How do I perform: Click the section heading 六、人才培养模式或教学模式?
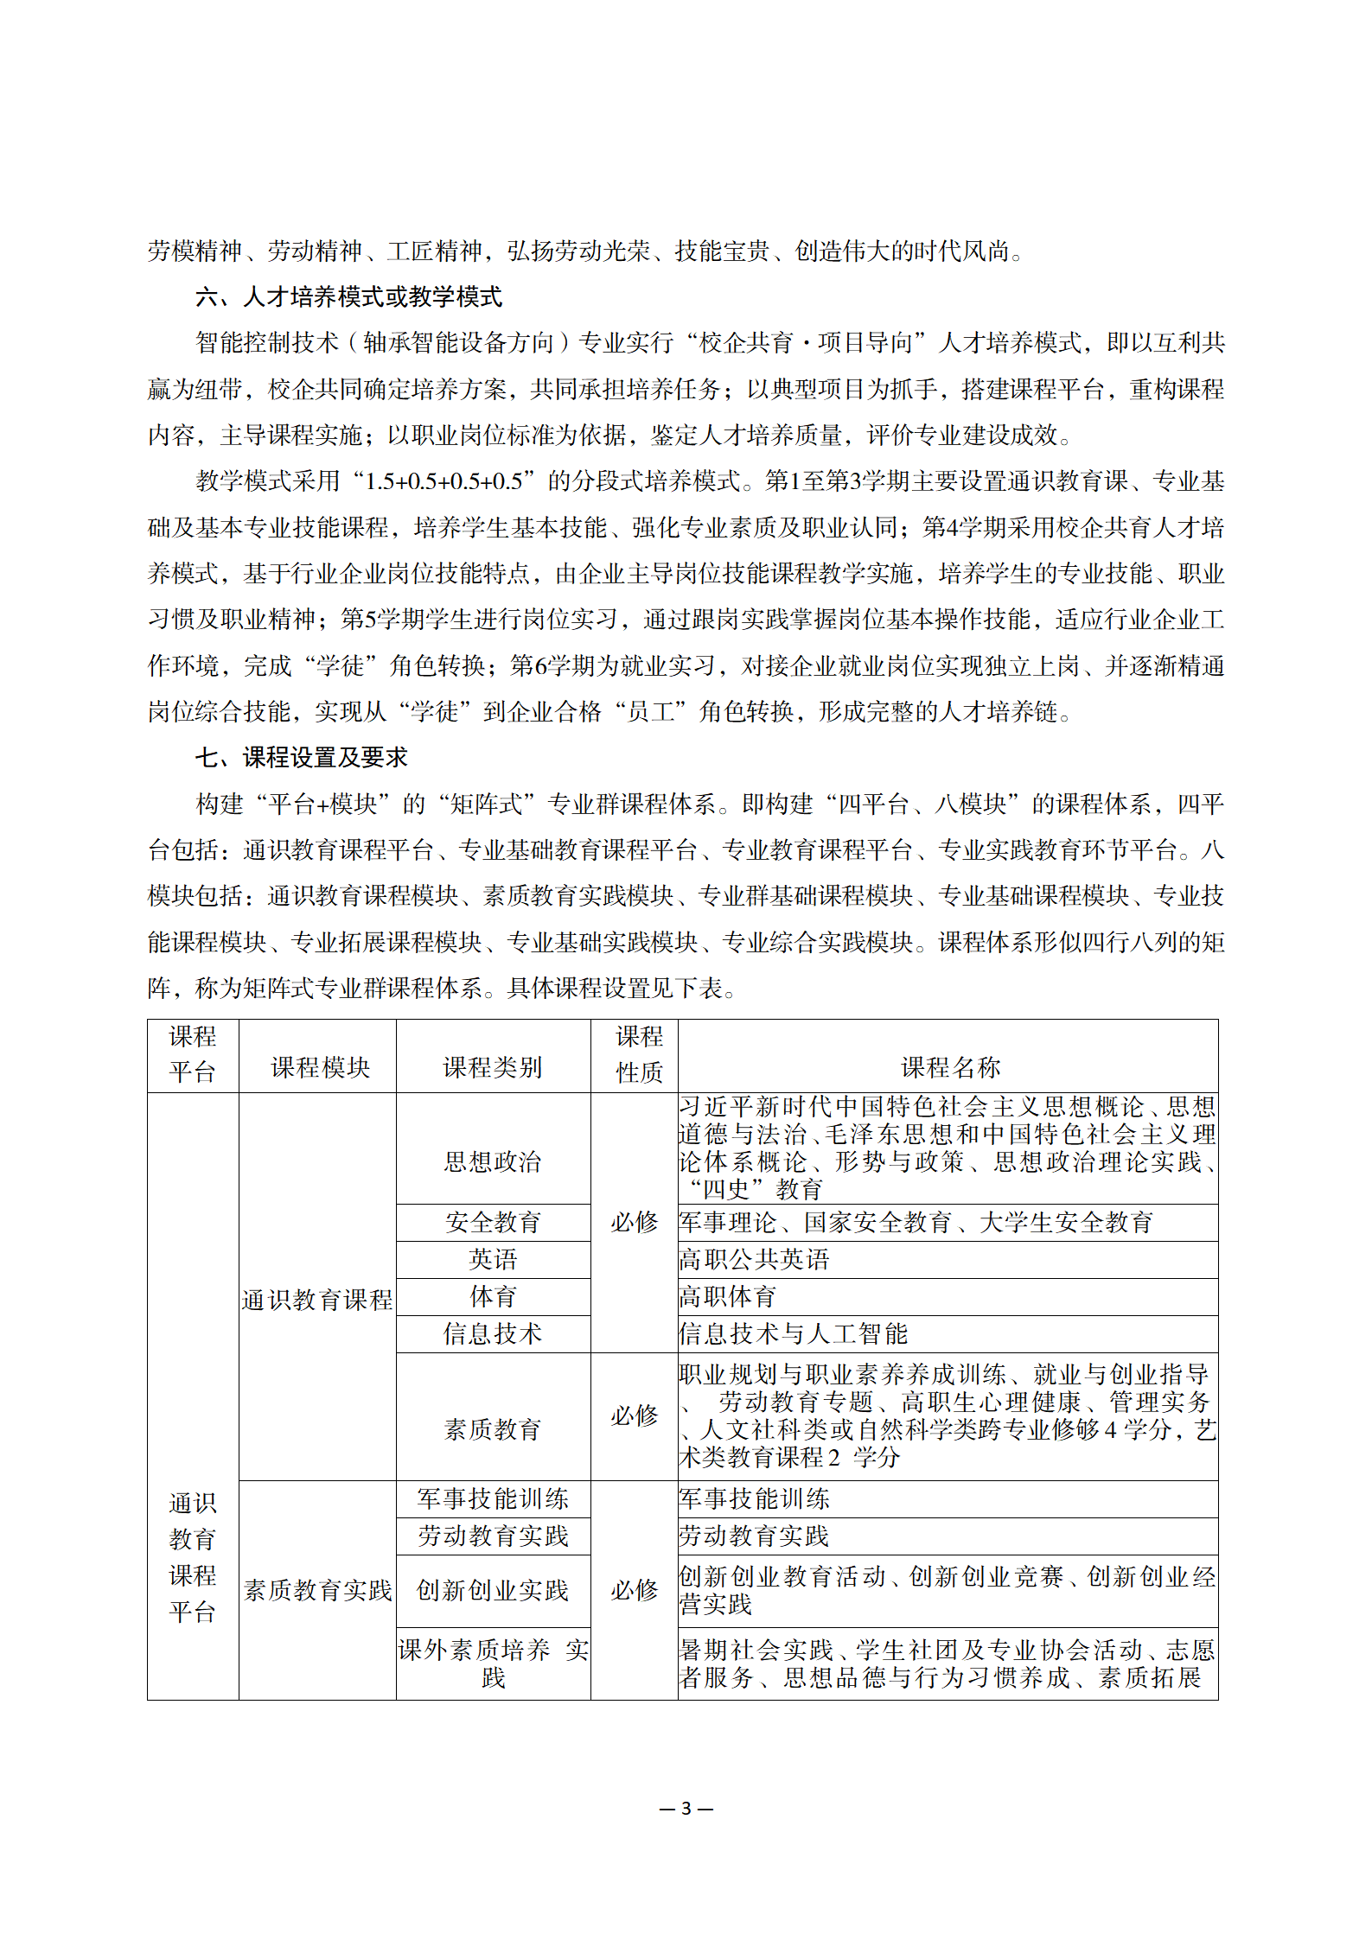pyautogui.click(x=348, y=297)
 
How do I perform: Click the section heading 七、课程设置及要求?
pyautogui.click(x=301, y=758)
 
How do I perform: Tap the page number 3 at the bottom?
pyautogui.click(x=686, y=1808)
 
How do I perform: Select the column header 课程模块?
pyautogui.click(x=320, y=1067)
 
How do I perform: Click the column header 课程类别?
pyautogui.click(x=493, y=1067)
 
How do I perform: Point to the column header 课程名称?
pyautogui.click(x=950, y=1067)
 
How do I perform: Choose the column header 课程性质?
pyautogui.click(x=639, y=1054)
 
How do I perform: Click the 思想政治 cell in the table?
pyautogui.click(x=493, y=1161)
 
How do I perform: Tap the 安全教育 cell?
pyautogui.click(x=493, y=1222)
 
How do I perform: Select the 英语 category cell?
pyautogui.click(x=493, y=1259)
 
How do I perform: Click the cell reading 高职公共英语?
pyautogui.click(x=754, y=1259)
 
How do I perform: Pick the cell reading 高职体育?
pyautogui.click(x=728, y=1296)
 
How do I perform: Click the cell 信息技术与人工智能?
pyautogui.click(x=793, y=1333)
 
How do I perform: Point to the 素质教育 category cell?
pyautogui.click(x=493, y=1429)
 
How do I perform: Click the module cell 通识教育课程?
pyautogui.click(x=317, y=1300)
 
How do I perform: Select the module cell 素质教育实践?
pyautogui.click(x=317, y=1590)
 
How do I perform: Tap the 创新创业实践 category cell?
pyautogui.click(x=493, y=1590)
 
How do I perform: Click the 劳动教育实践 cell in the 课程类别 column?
pyautogui.click(x=493, y=1536)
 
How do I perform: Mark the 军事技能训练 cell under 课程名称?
pyautogui.click(x=754, y=1498)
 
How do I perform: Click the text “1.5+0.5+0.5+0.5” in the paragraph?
pyautogui.click(x=444, y=481)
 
